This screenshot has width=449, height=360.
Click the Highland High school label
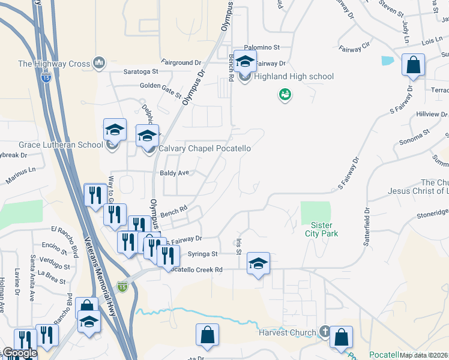point(294,77)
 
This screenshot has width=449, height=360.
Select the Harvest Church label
point(287,333)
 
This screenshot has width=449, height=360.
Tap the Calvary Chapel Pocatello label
point(203,148)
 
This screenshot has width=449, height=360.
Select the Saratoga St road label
point(140,71)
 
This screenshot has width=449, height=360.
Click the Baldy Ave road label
point(174,173)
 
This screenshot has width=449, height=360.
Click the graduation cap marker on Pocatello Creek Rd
point(258,263)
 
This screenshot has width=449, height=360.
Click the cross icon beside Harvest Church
point(324,331)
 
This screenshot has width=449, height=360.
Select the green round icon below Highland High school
point(285,94)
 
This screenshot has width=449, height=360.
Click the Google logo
point(19,353)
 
